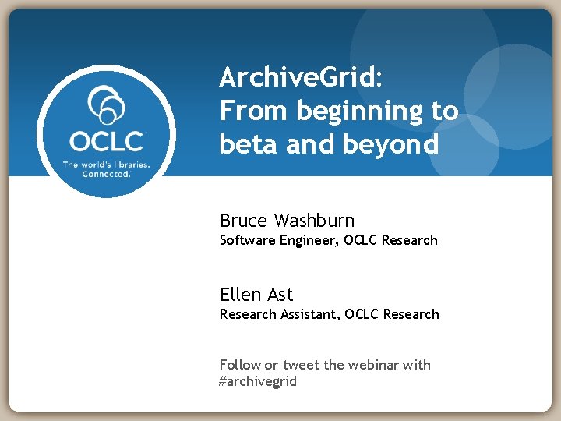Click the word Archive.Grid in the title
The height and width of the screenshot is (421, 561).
[298, 78]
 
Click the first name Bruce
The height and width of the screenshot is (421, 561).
[243, 221]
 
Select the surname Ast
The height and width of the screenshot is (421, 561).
[280, 295]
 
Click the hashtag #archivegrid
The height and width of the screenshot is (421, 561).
[258, 382]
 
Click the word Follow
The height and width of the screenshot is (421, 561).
[240, 365]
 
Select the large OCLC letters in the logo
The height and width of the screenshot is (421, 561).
[107, 142]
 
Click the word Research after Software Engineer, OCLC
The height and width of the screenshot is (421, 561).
[409, 241]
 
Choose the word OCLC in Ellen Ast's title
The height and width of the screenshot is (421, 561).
[361, 314]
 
